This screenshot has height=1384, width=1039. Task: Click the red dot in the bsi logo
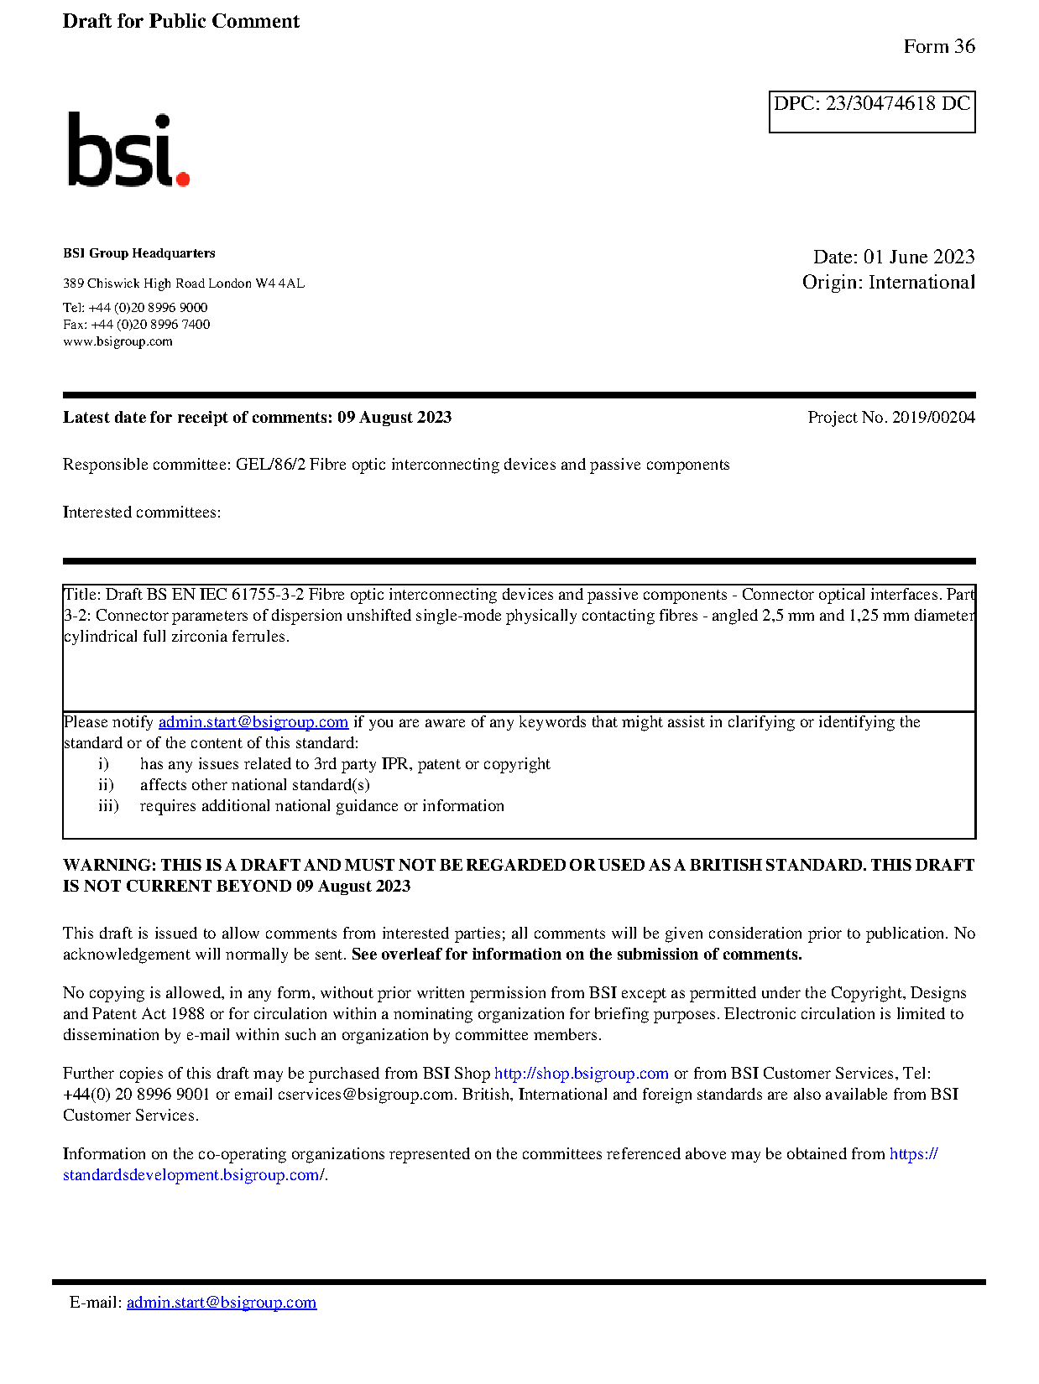(182, 178)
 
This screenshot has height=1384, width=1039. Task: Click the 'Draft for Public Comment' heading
(180, 21)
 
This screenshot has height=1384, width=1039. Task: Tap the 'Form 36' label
(938, 46)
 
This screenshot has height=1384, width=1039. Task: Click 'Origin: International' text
(888, 282)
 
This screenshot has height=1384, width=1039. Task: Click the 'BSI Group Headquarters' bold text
(138, 253)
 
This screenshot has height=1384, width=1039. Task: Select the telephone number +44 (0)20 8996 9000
(148, 308)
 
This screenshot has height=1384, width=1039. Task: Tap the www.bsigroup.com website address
(117, 341)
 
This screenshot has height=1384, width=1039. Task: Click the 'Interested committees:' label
(142, 512)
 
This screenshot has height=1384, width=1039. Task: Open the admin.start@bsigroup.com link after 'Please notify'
(253, 722)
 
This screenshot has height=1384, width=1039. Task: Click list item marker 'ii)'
(106, 785)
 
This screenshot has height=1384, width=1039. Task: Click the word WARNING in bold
(109, 865)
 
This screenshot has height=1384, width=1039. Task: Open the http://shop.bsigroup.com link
(581, 1074)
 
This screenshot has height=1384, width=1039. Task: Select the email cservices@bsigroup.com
(365, 1095)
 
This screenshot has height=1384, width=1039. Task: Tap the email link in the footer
(222, 1303)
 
